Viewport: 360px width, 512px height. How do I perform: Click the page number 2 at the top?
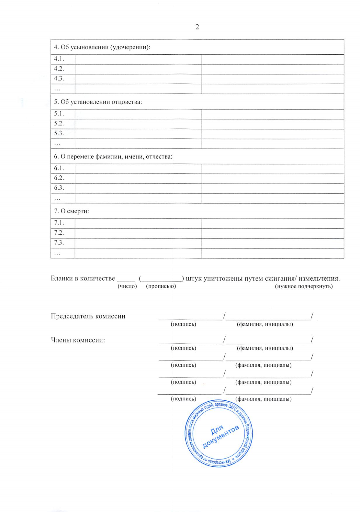click(x=197, y=27)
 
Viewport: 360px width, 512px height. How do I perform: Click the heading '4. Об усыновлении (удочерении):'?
click(x=102, y=47)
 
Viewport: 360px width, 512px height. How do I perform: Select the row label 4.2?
click(x=59, y=69)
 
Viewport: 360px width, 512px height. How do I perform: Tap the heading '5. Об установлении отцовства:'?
click(x=98, y=102)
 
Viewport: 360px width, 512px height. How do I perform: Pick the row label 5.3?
click(x=59, y=133)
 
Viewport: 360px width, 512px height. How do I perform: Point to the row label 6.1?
click(x=59, y=168)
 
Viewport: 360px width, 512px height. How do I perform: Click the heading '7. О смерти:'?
click(x=71, y=211)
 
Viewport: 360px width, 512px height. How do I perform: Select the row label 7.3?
click(x=59, y=243)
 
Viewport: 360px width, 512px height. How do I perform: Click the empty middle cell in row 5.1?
click(x=138, y=114)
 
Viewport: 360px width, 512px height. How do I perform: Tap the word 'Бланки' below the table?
click(x=62, y=279)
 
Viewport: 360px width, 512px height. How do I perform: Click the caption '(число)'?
click(x=127, y=286)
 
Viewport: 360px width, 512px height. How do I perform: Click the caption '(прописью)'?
click(x=161, y=286)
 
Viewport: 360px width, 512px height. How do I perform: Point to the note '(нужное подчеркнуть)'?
click(x=304, y=286)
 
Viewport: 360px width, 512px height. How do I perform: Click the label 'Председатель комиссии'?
click(x=88, y=316)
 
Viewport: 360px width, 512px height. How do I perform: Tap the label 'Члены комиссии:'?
click(x=78, y=340)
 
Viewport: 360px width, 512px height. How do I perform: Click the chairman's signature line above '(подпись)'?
click(x=190, y=319)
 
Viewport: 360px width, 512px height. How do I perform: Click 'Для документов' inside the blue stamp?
click(x=220, y=436)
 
